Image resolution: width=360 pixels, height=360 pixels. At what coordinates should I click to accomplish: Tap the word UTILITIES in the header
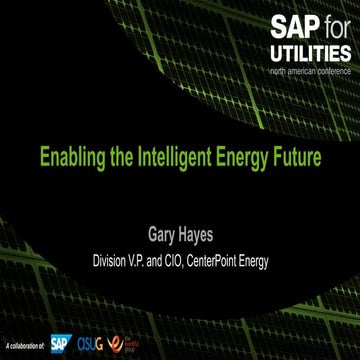tap(308, 54)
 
